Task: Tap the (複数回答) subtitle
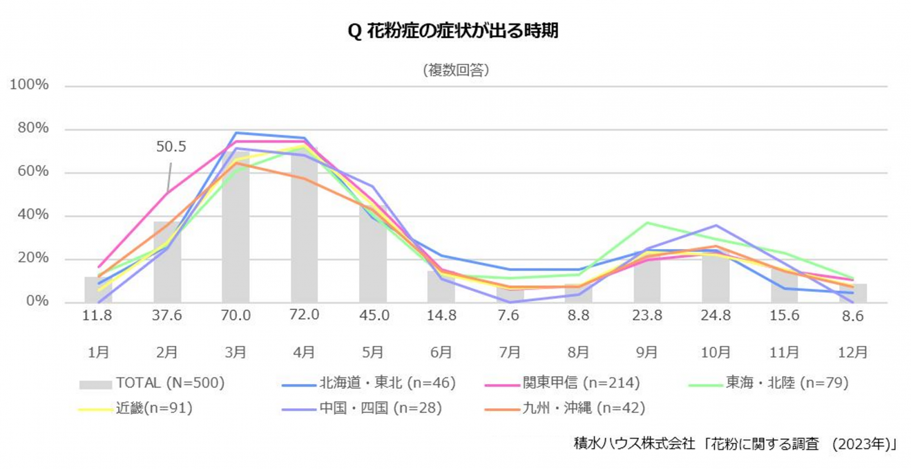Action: [455, 70]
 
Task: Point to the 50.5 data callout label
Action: [171, 147]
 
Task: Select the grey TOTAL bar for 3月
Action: [236, 235]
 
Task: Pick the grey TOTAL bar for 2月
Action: [167, 263]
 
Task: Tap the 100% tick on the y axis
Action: [29, 85]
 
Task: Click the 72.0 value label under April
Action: [304, 315]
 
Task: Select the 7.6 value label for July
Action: [510, 315]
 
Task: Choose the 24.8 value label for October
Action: [716, 315]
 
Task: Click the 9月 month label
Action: [646, 352]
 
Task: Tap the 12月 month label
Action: [852, 352]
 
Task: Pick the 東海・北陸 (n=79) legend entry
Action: [786, 383]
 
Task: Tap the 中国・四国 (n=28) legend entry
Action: [380, 408]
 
